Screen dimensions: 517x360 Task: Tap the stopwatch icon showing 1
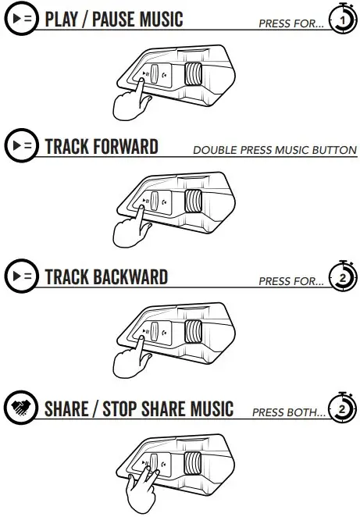point(342,19)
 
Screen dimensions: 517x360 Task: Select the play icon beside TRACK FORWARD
point(21,147)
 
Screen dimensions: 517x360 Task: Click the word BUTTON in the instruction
point(333,150)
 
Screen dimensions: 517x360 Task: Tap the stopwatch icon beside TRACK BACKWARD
point(342,279)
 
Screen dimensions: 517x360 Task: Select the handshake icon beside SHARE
point(21,408)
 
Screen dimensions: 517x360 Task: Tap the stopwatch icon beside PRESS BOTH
point(342,409)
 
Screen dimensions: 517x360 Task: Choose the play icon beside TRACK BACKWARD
point(21,277)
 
